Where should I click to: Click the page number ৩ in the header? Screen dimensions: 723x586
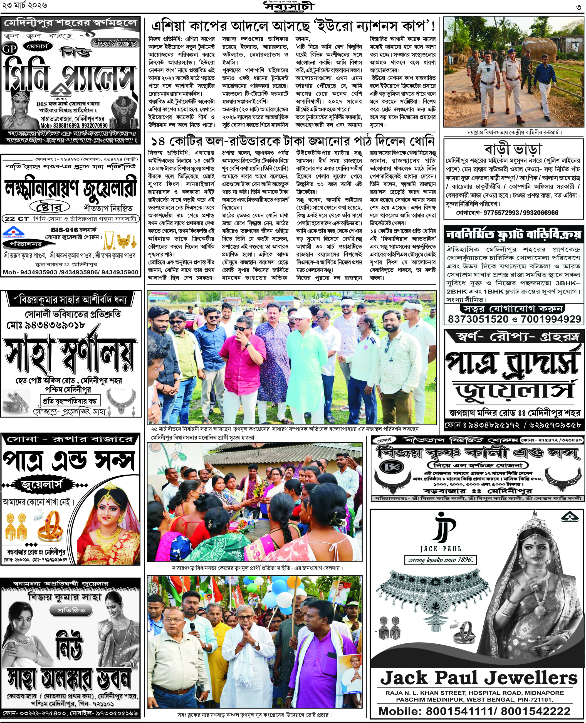point(578,7)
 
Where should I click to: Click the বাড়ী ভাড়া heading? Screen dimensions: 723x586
point(513,149)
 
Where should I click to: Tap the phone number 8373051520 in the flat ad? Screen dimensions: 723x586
point(478,319)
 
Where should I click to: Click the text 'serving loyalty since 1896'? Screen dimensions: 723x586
point(440,559)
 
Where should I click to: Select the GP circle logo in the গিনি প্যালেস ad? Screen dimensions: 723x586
point(9,49)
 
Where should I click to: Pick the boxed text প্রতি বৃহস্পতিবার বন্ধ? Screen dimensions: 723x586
point(70,401)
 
